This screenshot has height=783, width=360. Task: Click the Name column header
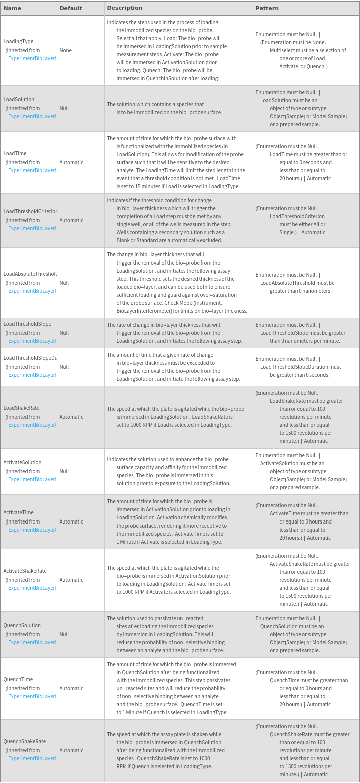tap(12, 8)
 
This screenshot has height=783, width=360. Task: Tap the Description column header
tap(125, 8)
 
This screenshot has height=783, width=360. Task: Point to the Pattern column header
tap(267, 8)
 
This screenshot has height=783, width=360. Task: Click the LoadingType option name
tap(18, 41)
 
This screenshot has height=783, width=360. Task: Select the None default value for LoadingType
tap(65, 50)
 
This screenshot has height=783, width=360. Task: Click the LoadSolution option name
tap(19, 99)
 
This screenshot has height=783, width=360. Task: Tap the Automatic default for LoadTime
tap(71, 162)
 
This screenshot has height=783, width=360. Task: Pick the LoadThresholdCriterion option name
tap(30, 211)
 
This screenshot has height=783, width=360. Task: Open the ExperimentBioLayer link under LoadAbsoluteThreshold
tap(33, 291)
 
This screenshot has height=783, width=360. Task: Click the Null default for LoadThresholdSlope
tap(64, 333)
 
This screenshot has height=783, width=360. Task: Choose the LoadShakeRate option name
tap(21, 408)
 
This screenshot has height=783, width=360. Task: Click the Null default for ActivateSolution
tap(64, 471)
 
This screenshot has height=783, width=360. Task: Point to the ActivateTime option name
tap(18, 512)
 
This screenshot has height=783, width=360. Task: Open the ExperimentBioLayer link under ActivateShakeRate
tap(33, 588)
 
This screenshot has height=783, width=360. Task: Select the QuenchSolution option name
tap(22, 625)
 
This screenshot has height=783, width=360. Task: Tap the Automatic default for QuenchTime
tap(71, 688)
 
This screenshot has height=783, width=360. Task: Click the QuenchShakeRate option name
tap(24, 741)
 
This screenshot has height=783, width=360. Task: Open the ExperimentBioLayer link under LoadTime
tap(33, 170)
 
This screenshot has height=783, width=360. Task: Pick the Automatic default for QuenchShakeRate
tap(71, 750)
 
